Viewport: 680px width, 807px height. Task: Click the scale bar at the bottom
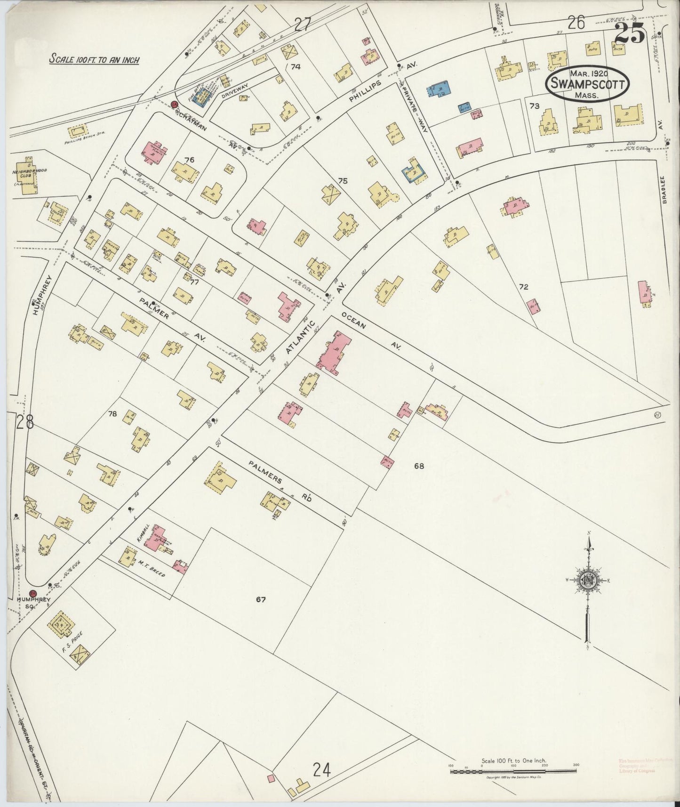click(x=513, y=772)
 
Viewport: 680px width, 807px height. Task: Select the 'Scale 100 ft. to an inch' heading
click(x=95, y=60)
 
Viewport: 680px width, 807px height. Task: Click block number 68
click(x=419, y=466)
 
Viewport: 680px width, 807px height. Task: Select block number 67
click(x=261, y=599)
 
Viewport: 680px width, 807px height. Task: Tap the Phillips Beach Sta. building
click(x=78, y=130)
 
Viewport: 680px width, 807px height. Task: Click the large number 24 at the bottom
click(x=322, y=771)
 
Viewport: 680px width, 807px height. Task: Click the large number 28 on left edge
click(x=24, y=422)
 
